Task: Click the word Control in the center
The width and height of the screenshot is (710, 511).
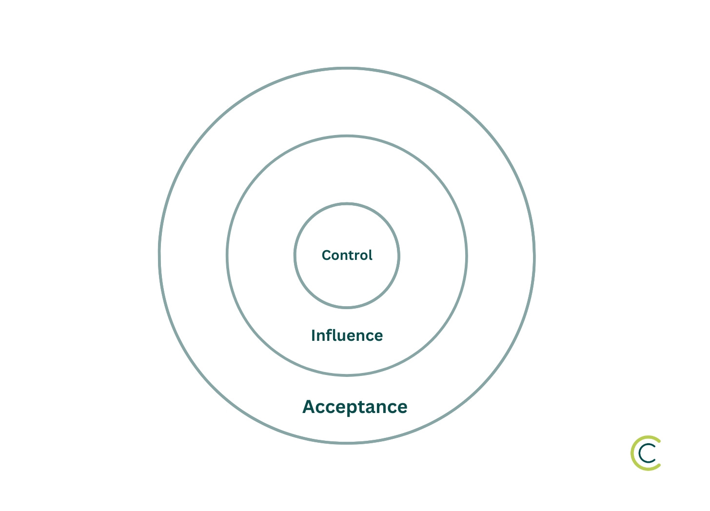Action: [347, 255]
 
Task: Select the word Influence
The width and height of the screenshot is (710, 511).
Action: [347, 335]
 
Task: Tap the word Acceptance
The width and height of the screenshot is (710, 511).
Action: [355, 407]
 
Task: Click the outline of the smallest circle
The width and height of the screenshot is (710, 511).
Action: [295, 255]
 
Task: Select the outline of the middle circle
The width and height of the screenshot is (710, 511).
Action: [228, 255]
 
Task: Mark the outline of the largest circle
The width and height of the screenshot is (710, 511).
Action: [160, 255]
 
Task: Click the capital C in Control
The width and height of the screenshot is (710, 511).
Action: [326, 255]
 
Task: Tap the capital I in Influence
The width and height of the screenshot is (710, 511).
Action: [314, 335]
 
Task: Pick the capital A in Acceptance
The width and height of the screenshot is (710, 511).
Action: [309, 407]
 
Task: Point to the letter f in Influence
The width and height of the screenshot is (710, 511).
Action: [328, 335]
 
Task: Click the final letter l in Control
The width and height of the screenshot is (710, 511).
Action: [370, 255]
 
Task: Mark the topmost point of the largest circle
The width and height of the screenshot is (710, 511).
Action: [347, 69]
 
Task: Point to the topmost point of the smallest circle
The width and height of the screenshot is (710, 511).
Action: [347, 204]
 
